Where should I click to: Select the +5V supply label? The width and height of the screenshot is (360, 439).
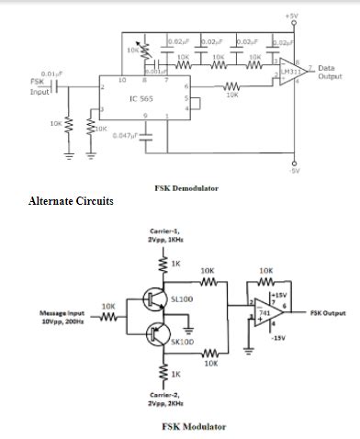pyautogui.click(x=291, y=17)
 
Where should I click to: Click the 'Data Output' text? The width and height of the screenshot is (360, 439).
pyautogui.click(x=330, y=73)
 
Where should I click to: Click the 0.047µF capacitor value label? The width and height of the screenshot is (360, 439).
pyautogui.click(x=124, y=136)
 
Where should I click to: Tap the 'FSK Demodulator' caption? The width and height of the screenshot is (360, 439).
pyautogui.click(x=186, y=187)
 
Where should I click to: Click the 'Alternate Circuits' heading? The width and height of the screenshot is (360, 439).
pyautogui.click(x=72, y=201)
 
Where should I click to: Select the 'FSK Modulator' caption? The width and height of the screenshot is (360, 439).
pyautogui.click(x=194, y=427)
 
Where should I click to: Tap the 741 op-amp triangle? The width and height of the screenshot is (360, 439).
pyautogui.click(x=264, y=313)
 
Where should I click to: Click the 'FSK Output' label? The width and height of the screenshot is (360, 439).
pyautogui.click(x=328, y=313)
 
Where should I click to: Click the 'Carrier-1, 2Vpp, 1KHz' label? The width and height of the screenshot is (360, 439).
pyautogui.click(x=165, y=236)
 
